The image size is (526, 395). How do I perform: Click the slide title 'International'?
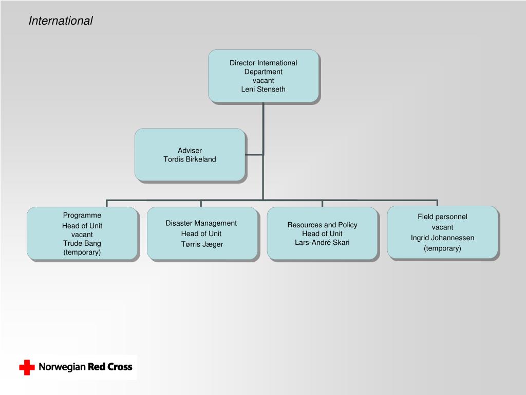(x=61, y=21)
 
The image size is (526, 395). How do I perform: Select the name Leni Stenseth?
(x=263, y=89)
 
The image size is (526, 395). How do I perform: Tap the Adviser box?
(x=190, y=154)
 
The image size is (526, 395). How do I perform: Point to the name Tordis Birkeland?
(x=190, y=159)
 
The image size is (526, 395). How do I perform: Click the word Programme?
(x=82, y=215)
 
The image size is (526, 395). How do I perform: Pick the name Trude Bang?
(x=82, y=243)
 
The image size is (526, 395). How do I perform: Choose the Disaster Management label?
(x=201, y=223)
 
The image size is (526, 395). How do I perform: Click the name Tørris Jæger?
(x=202, y=244)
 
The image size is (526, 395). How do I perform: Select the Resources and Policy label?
(x=322, y=225)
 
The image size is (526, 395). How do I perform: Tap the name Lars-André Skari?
(x=322, y=242)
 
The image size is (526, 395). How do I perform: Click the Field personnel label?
(x=442, y=217)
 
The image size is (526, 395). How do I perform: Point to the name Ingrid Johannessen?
(x=442, y=238)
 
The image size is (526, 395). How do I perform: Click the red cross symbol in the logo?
(x=27, y=367)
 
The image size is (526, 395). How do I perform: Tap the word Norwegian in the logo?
(x=62, y=367)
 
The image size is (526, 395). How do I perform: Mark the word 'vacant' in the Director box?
(x=263, y=80)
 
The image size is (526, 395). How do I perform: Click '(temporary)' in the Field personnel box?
(x=442, y=248)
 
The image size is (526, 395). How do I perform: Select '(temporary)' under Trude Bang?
(x=82, y=252)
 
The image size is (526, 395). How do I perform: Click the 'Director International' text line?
(x=263, y=63)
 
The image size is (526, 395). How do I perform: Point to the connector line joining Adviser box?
(x=254, y=154)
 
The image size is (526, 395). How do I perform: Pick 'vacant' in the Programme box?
(x=82, y=235)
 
